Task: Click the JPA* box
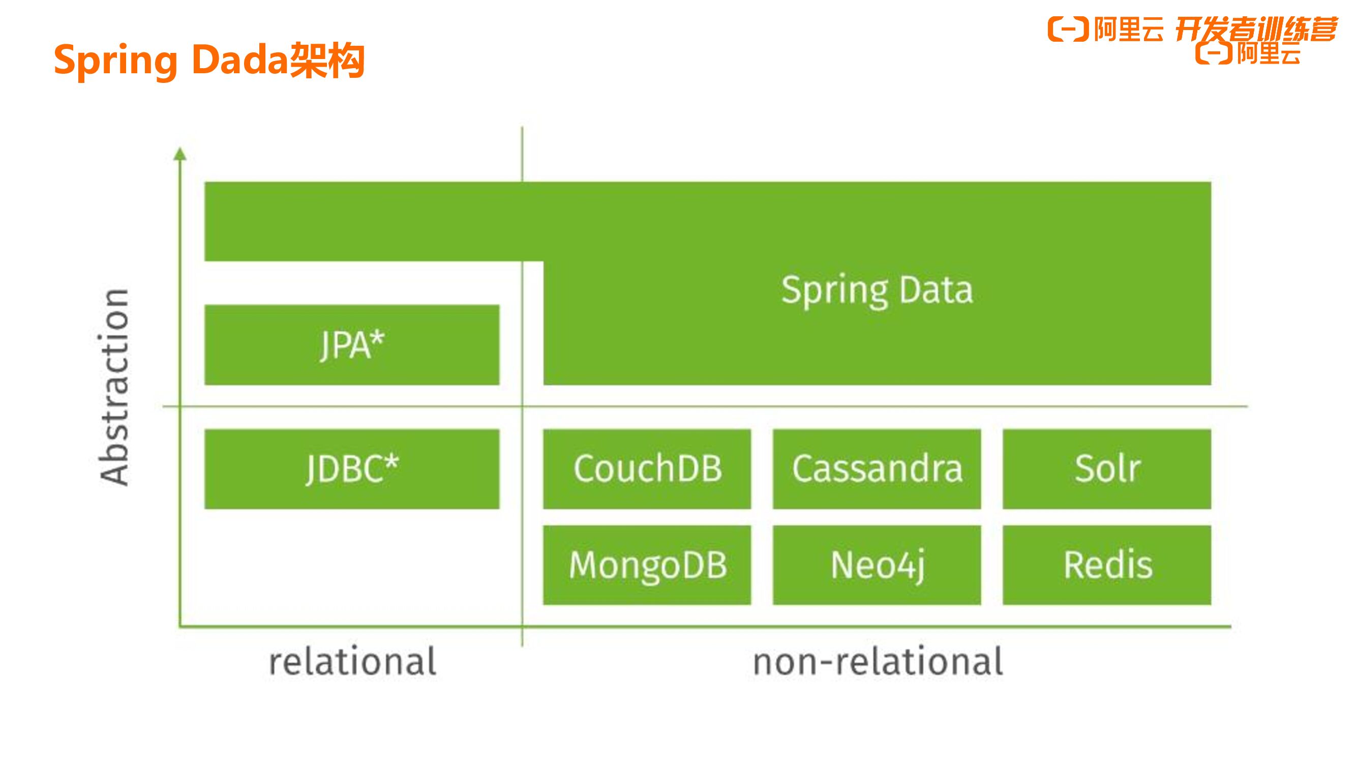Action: (352, 345)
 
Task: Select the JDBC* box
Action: (352, 468)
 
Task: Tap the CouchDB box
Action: (647, 468)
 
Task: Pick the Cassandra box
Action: (877, 468)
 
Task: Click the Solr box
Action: (1106, 468)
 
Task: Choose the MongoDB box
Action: (647, 565)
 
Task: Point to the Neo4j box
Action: (877, 565)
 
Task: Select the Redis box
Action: (1106, 565)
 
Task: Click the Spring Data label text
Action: (877, 290)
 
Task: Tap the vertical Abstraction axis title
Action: (114, 387)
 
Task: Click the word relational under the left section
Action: (352, 661)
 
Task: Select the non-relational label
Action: (878, 661)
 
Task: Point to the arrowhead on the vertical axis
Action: (180, 154)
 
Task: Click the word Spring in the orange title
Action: (116, 61)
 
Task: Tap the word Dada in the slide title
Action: (239, 60)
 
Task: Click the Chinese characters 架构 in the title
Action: (327, 60)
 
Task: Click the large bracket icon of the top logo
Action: (1068, 29)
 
